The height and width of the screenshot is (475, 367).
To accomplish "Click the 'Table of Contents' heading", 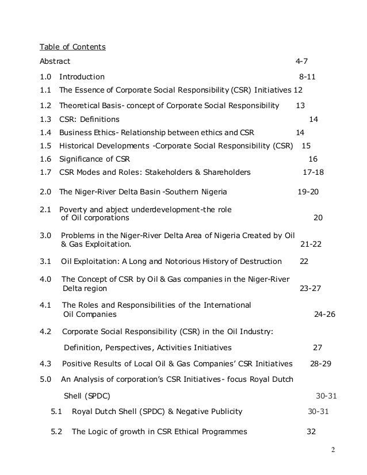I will click(x=72, y=47).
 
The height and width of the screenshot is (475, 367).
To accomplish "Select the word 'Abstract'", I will click(x=55, y=61).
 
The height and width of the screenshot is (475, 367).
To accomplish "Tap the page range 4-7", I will click(x=302, y=61).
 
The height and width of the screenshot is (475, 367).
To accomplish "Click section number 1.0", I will click(x=45, y=76).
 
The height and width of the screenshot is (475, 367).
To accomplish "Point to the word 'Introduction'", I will click(x=82, y=76).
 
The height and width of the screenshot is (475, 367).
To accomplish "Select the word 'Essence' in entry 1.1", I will click(x=91, y=90).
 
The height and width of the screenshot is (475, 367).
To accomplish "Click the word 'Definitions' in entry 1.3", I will click(x=98, y=120).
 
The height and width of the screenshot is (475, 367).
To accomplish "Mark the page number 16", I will click(x=313, y=159).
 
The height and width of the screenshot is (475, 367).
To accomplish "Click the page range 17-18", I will click(x=314, y=172).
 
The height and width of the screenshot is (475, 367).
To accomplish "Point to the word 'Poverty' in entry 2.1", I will click(x=74, y=210).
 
